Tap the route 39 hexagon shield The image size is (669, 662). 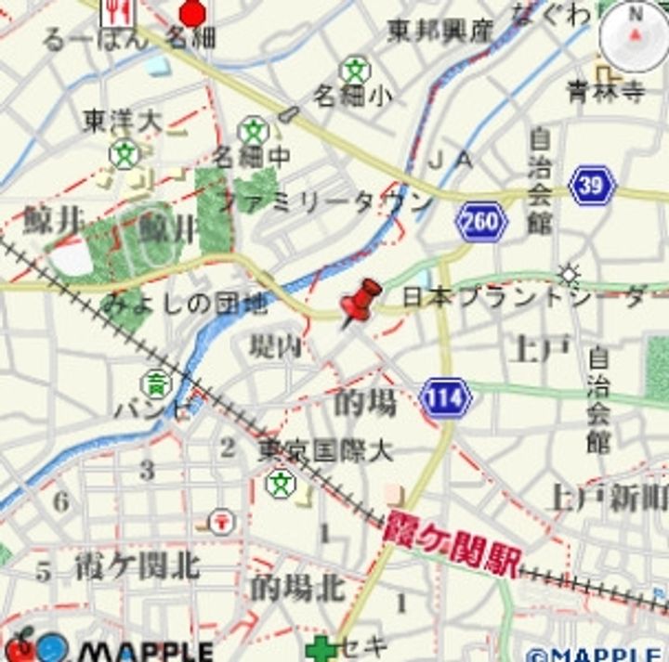pyautogui.click(x=593, y=185)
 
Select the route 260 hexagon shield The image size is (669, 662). pyautogui.click(x=481, y=223)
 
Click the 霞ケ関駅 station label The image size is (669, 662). pyautogui.click(x=453, y=545)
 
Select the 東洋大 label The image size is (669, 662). pyautogui.click(x=123, y=121)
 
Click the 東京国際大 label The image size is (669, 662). pyautogui.click(x=325, y=452)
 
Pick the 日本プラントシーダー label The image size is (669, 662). pyautogui.click(x=534, y=298)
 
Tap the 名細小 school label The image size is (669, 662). pyautogui.click(x=352, y=95)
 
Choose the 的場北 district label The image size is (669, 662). pyautogui.click(x=297, y=587)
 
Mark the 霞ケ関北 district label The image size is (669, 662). pyautogui.click(x=138, y=565)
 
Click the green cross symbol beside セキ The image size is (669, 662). pyautogui.click(x=321, y=649)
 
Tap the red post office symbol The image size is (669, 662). pyautogui.click(x=222, y=521)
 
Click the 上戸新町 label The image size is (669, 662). pyautogui.click(x=609, y=497)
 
